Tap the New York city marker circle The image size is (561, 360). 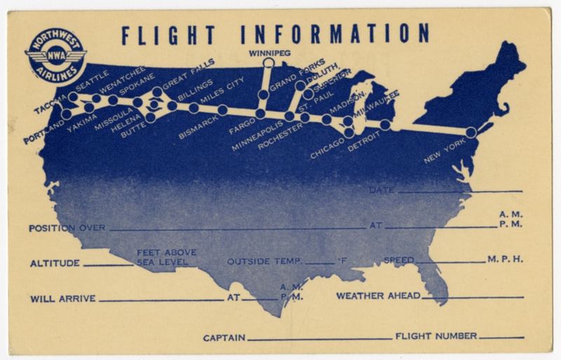coord(471,132)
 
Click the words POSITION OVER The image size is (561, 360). coord(67,229)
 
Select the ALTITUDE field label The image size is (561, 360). coord(56,264)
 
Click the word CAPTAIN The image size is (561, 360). coord(224,338)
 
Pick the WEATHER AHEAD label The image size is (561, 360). coord(378,295)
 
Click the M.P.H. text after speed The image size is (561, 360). coord(505,260)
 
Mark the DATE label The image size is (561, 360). coord(383,190)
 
